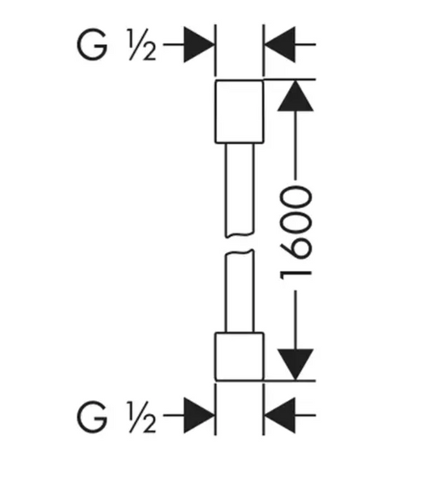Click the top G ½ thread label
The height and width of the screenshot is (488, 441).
click(116, 45)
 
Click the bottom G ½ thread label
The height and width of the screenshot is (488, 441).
click(116, 416)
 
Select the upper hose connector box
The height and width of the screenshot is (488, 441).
click(240, 111)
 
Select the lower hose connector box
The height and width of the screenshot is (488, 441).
click(240, 357)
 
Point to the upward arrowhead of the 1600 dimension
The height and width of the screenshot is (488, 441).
click(296, 95)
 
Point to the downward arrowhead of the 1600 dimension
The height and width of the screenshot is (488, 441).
click(296, 364)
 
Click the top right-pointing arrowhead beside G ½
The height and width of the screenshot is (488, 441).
click(199, 45)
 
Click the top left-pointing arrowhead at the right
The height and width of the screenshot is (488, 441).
click(279, 45)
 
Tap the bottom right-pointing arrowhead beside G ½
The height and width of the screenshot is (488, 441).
click(199, 415)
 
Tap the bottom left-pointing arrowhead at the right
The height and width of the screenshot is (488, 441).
click(279, 415)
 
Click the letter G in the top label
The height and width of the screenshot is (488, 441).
click(92, 45)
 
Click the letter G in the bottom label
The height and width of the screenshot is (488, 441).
click(92, 416)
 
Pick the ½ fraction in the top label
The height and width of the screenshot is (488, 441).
click(141, 45)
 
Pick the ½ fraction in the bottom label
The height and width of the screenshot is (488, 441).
click(141, 416)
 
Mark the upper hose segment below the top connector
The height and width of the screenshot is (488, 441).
click(240, 190)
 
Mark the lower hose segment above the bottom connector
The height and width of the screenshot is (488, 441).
click(240, 291)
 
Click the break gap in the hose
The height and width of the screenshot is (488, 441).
click(240, 244)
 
